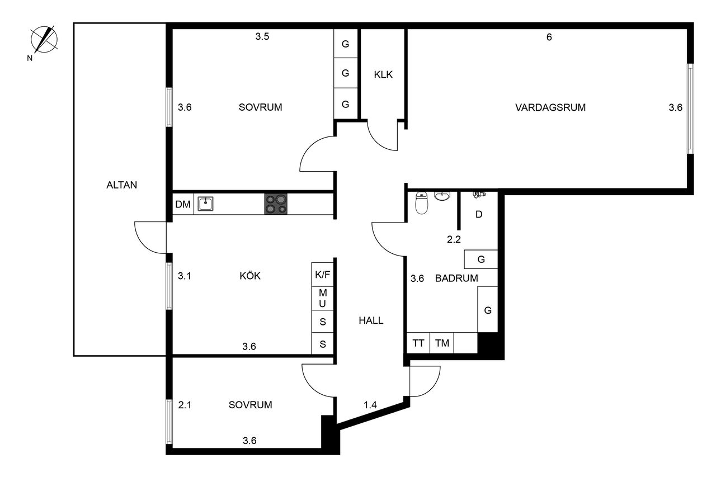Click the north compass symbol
point(45,40)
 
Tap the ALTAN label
point(121,185)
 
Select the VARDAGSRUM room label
point(550,108)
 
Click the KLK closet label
point(383,74)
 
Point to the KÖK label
point(250,276)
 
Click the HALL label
point(371,320)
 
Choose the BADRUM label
point(456,278)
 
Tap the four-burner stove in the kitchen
point(276,204)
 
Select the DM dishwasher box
point(183,205)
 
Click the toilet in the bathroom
point(422,204)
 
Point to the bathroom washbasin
point(442,196)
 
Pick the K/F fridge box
point(323,275)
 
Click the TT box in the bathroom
point(418,343)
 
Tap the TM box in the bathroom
point(442,343)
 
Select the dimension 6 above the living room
point(549,37)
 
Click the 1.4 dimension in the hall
point(370,404)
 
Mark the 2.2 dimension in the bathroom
point(453,240)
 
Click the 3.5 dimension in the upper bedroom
point(262,37)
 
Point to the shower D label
point(479,214)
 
